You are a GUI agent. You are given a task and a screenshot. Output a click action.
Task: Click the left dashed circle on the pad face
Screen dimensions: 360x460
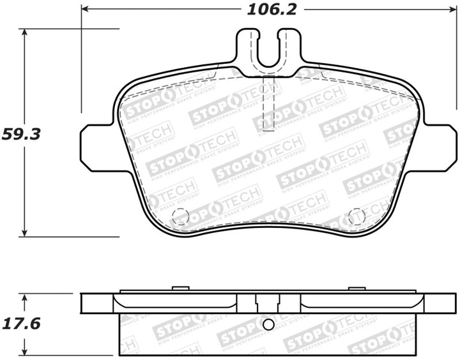click(181, 217)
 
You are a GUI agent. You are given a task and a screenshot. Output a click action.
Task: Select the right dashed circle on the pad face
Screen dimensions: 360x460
click(356, 217)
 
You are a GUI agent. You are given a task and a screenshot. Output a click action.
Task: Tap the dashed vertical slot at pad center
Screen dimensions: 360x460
click(269, 102)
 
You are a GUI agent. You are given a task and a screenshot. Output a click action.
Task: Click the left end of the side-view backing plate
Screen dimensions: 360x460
click(85, 303)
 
